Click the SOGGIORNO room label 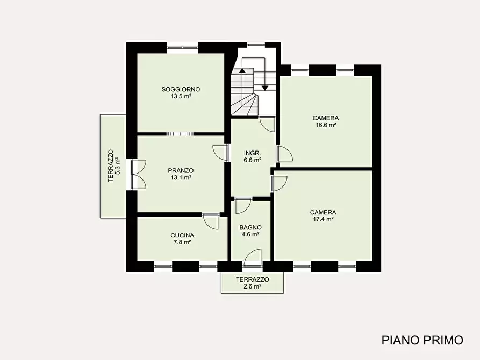[x=181, y=89]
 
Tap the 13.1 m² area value [x=181, y=177]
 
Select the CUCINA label [x=182, y=235]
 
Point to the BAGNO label [x=250, y=227]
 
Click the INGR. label [x=252, y=153]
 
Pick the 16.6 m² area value [x=326, y=125]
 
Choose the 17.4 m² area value [x=323, y=219]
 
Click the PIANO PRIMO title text [x=422, y=340]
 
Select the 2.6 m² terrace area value [x=253, y=286]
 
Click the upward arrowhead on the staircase [x=242, y=70]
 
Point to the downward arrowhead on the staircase [x=265, y=88]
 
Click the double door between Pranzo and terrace [x=138, y=175]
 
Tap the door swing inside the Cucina [x=211, y=221]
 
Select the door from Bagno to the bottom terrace [x=253, y=258]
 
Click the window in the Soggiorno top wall [x=182, y=47]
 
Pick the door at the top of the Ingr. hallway [x=267, y=124]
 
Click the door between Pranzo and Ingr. [x=220, y=153]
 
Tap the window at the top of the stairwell [x=256, y=45]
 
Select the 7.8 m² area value [x=182, y=242]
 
